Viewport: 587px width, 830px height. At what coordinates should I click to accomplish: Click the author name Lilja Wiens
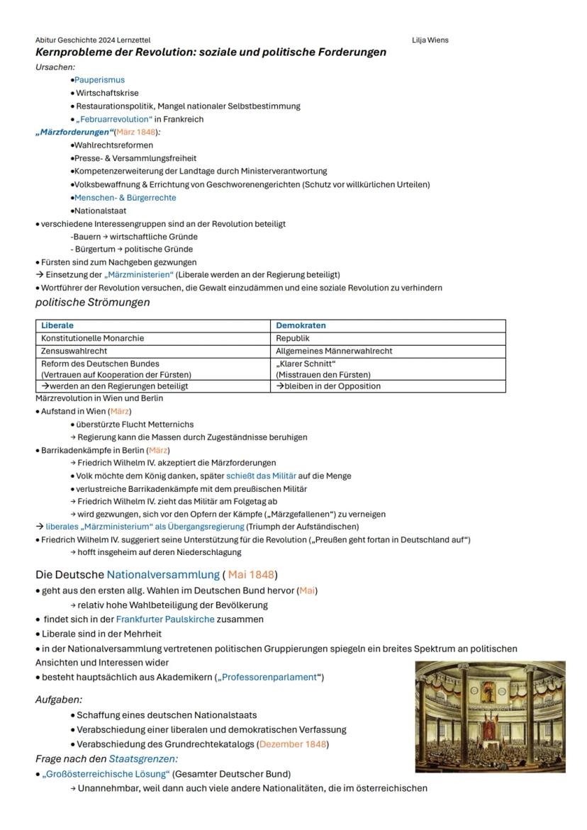point(430,40)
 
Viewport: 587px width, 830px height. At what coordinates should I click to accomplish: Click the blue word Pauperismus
point(99,80)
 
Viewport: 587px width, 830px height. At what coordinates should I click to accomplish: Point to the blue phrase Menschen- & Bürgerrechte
point(125,198)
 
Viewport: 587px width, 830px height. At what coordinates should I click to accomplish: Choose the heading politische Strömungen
point(93,303)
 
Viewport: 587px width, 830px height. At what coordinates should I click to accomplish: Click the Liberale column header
point(57,326)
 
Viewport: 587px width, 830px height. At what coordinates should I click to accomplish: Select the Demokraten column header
point(301,326)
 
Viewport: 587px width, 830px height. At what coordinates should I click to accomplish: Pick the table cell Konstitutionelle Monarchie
point(92,338)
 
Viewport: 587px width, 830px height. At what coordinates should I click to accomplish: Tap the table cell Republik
point(292,338)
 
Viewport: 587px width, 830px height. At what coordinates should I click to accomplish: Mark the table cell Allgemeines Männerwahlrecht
point(334,351)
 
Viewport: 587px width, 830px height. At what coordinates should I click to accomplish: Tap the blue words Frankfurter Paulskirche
point(165,619)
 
